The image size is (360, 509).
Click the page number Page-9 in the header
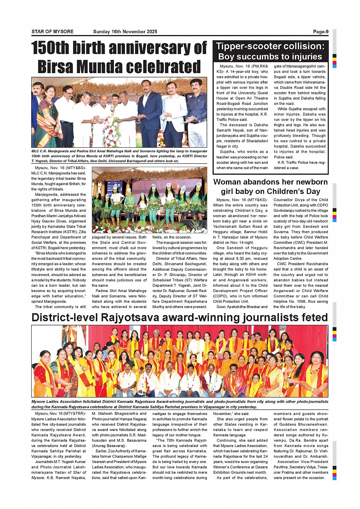pos(320,32)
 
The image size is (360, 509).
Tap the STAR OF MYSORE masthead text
pos(53,32)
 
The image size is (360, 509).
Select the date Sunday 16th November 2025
pos(125,32)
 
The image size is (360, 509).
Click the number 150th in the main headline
pos(50,48)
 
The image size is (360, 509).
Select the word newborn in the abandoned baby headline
pos(309,182)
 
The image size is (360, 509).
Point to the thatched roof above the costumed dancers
pos(149,174)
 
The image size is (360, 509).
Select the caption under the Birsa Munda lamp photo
pos(119,156)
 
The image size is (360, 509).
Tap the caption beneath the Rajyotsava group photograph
pos(179,404)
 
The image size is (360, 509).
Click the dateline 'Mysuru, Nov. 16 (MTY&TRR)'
pos(60,413)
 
